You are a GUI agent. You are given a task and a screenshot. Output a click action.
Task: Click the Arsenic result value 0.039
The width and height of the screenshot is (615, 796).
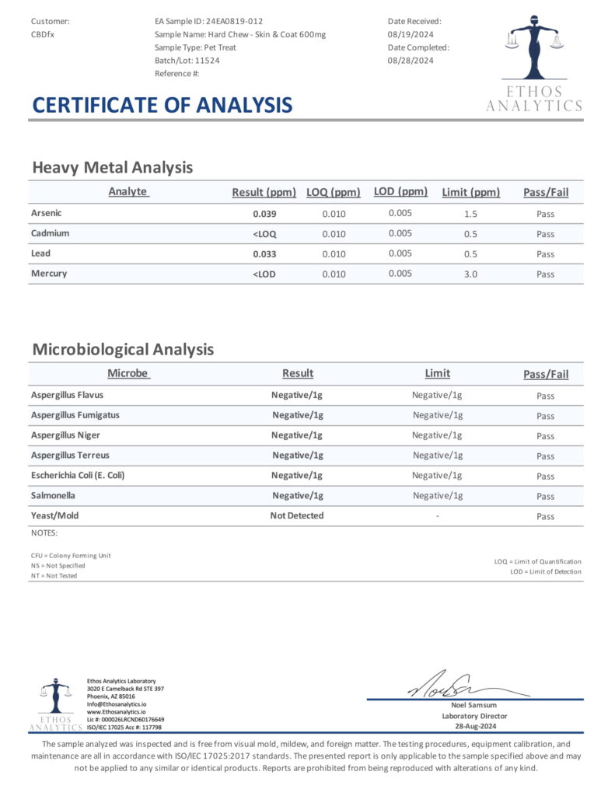(264, 214)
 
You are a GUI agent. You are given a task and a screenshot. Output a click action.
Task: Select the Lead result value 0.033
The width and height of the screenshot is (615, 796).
(264, 254)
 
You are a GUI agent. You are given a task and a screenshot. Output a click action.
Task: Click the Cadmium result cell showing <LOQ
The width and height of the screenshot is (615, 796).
(264, 234)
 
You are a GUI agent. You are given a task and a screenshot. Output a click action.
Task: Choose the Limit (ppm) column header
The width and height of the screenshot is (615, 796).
(470, 193)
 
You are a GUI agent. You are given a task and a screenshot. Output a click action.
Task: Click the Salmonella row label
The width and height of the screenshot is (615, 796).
(54, 495)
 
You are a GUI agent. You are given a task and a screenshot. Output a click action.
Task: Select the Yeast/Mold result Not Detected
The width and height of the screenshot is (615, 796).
(297, 515)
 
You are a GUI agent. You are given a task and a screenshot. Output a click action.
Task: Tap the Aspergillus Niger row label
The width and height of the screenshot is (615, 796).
(65, 435)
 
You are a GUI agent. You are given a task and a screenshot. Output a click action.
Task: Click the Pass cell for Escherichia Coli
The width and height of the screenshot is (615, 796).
(545, 477)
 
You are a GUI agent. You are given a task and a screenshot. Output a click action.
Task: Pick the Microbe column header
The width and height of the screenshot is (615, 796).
(128, 373)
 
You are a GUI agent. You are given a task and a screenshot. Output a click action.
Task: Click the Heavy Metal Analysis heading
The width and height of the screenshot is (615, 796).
(112, 167)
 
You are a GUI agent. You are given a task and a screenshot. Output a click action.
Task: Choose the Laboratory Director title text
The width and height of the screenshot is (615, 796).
(474, 716)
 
